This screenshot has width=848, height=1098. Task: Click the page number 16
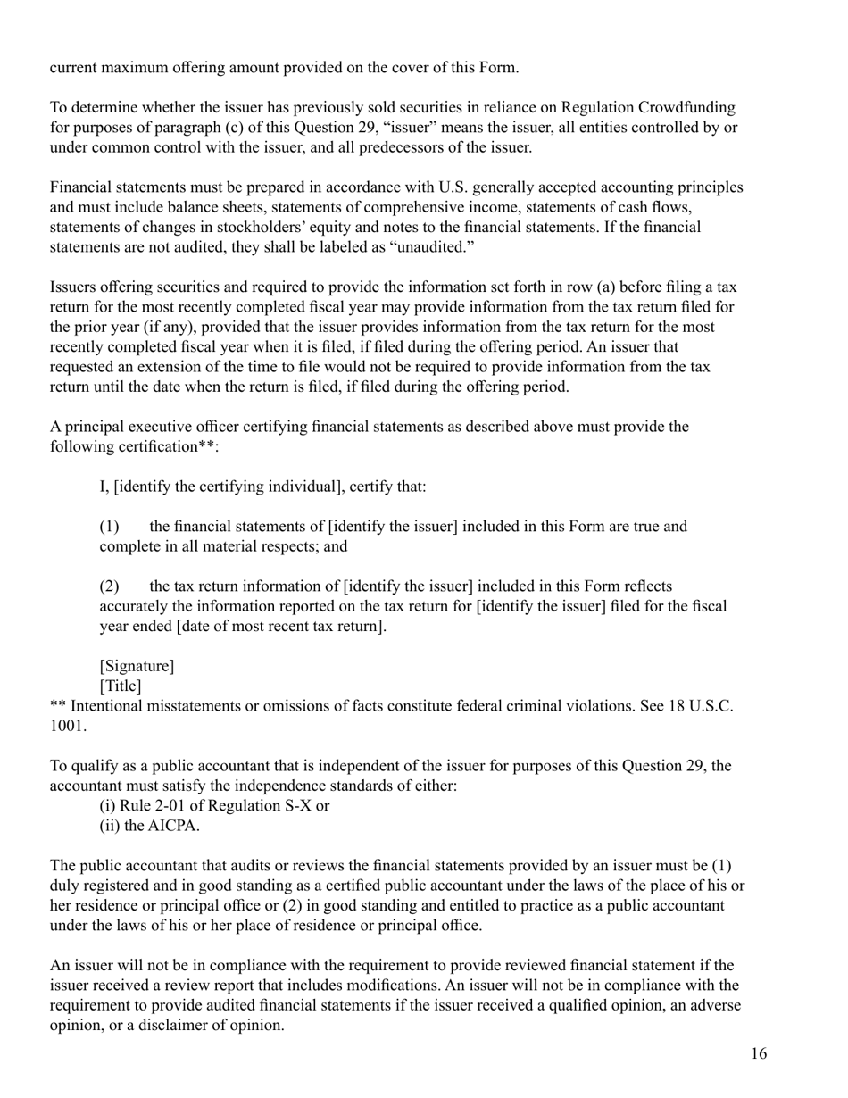[x=758, y=1054]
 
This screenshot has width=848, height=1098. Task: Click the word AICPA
[x=173, y=826]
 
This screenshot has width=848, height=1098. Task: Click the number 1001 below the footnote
[x=67, y=725]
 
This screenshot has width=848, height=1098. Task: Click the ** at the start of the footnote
[x=58, y=705]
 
